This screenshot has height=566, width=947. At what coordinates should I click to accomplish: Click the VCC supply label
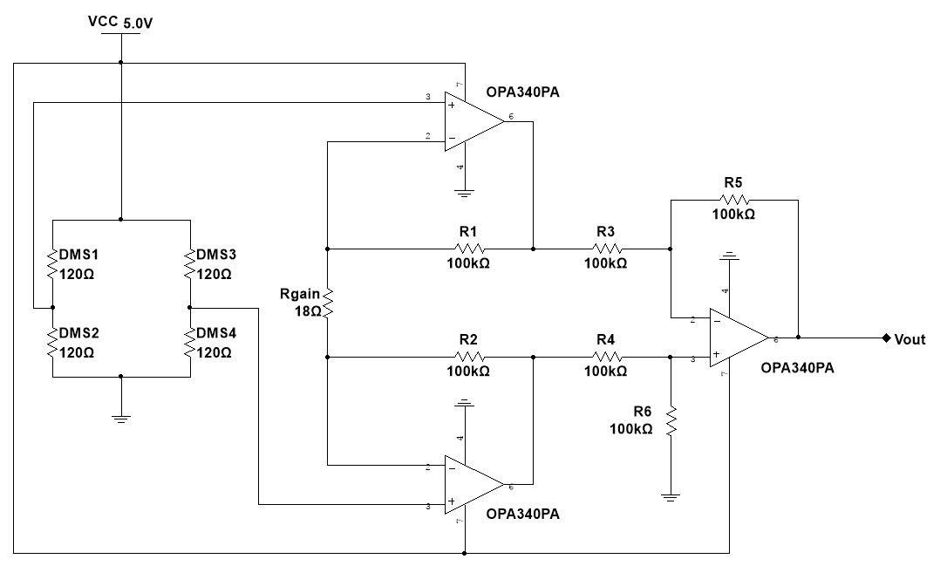[103, 21]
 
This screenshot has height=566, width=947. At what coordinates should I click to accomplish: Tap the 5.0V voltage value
[138, 24]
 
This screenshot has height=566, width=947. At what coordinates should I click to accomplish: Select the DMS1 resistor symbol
[53, 263]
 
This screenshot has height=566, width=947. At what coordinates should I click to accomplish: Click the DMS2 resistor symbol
[53, 342]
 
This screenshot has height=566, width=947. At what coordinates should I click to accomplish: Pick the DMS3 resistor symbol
[190, 263]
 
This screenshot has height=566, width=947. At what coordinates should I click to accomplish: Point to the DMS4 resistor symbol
[190, 342]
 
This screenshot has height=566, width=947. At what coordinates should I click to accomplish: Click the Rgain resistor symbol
[327, 303]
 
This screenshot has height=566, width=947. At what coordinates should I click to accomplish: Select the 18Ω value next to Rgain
[309, 310]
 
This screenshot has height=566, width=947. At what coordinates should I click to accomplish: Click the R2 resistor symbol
[469, 356]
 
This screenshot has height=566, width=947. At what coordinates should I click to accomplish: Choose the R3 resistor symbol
[606, 248]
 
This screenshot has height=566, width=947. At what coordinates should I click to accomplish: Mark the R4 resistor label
[605, 339]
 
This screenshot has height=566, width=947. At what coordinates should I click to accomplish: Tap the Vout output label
[910, 339]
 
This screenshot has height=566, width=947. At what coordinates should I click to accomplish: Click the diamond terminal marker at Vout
[886, 338]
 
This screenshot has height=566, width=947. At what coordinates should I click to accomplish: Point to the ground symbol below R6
[671, 497]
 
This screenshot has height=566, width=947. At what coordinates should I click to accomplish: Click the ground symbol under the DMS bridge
[121, 418]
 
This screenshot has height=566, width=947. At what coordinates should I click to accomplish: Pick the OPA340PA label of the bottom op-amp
[522, 514]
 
